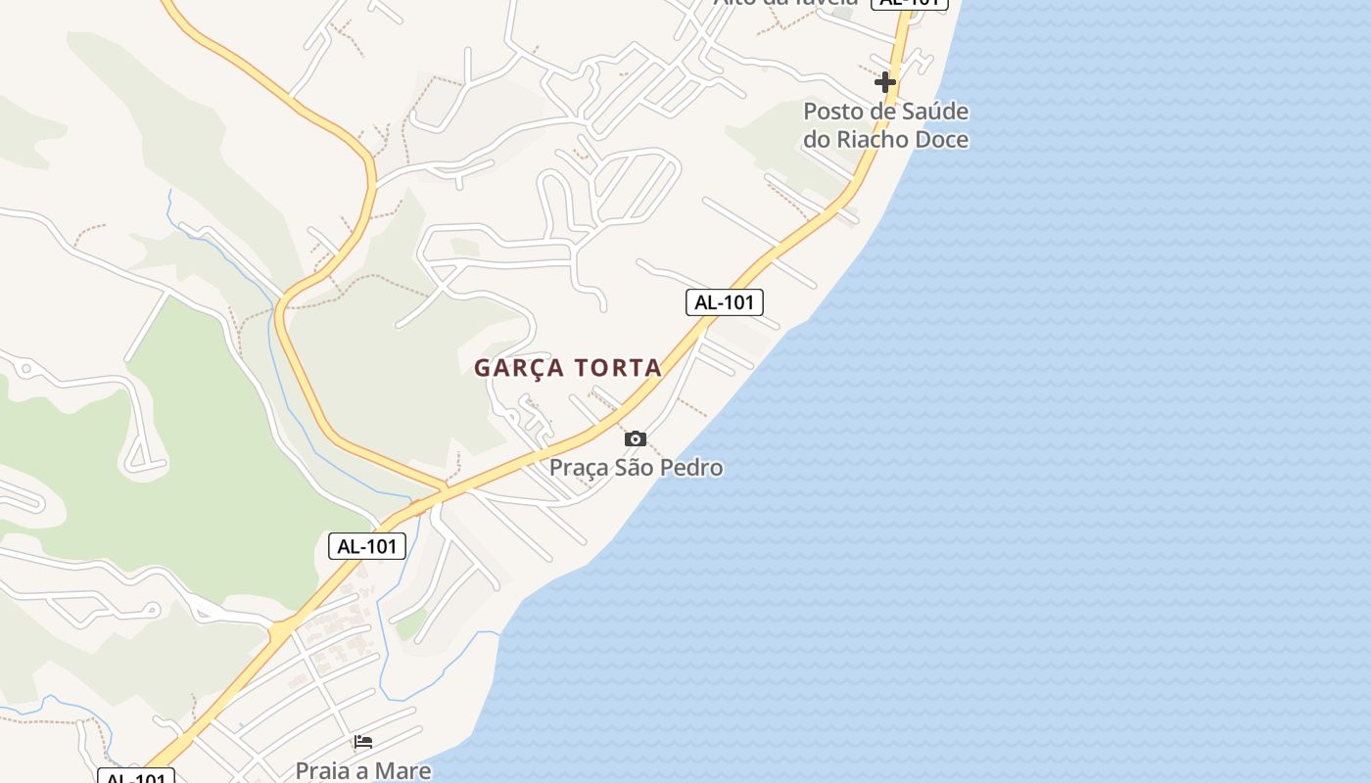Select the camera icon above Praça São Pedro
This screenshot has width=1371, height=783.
[x=636, y=438]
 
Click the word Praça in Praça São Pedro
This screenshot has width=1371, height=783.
[x=578, y=468]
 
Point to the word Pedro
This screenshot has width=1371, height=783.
[x=691, y=468]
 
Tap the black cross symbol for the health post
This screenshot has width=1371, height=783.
[x=885, y=81]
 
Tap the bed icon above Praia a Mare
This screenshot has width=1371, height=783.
[x=363, y=741]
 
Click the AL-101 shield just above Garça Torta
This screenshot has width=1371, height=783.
[x=724, y=302]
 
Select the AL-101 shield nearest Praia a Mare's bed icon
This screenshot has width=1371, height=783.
[x=367, y=546]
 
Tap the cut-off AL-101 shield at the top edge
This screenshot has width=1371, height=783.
[x=910, y=3]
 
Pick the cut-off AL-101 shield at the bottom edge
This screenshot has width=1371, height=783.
[x=136, y=777]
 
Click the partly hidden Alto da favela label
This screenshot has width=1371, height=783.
[x=785, y=3]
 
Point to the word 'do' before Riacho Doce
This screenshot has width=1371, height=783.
[x=816, y=139]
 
